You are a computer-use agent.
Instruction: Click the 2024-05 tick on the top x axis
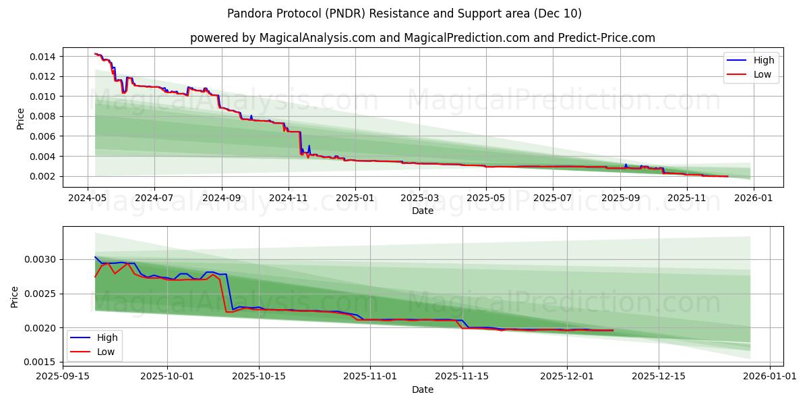tap(88, 198)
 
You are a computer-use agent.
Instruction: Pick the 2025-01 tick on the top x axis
tap(355, 198)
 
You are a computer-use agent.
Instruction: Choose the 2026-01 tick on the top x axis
tap(753, 198)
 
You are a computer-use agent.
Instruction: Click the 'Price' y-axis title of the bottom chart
tap(15, 296)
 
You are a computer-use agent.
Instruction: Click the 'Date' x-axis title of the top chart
tap(422, 211)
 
